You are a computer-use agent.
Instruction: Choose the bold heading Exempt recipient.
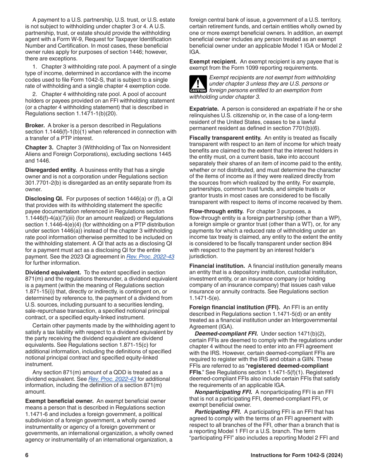click(213, 62)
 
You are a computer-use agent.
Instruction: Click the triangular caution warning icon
click(198, 84)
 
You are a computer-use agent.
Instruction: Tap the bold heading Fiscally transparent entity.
click(225, 138)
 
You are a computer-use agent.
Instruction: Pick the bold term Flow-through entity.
click(216, 211)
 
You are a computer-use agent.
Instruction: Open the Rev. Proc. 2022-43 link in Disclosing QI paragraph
click(150, 257)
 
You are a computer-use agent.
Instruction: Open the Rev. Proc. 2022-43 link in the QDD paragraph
click(112, 379)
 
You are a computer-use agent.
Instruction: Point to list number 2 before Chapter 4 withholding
click(34, 94)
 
